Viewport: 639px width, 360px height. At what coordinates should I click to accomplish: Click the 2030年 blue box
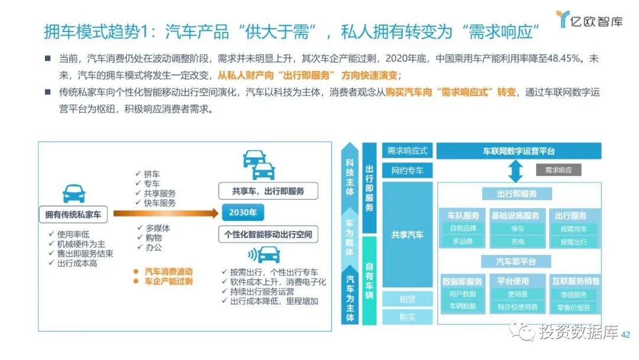click(243, 213)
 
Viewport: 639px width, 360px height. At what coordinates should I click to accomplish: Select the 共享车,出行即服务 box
click(268, 191)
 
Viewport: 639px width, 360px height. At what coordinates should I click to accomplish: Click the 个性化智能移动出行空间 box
click(268, 234)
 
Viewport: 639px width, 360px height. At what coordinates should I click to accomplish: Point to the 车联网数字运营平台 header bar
click(518, 152)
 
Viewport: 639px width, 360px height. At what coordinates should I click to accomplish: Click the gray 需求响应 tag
click(558, 170)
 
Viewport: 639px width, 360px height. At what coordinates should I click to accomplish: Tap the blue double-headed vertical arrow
click(515, 171)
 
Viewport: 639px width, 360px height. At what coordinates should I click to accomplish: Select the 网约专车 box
click(407, 171)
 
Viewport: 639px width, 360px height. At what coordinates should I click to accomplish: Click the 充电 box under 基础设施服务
click(517, 242)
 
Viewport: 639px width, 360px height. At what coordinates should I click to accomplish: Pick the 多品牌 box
click(462, 242)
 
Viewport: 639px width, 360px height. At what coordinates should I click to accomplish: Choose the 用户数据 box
click(462, 294)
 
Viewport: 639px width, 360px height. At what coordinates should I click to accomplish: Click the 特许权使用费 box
click(517, 307)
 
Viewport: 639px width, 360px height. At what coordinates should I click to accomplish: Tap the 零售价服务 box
click(573, 307)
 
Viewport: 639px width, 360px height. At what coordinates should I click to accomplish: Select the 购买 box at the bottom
click(407, 317)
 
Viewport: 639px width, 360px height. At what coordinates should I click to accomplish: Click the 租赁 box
click(407, 300)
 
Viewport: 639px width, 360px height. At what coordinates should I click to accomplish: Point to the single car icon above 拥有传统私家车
click(73, 193)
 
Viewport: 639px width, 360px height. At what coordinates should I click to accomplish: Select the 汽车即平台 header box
click(515, 261)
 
